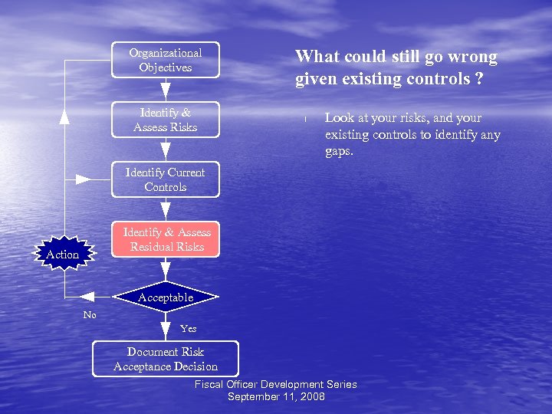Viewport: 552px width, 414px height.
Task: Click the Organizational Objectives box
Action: click(166, 60)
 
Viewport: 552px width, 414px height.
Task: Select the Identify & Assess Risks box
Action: click(166, 120)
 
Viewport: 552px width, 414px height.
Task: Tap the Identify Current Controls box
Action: click(166, 179)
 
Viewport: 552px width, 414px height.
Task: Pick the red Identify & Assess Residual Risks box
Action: click(166, 239)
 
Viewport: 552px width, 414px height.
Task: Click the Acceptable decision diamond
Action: click(166, 297)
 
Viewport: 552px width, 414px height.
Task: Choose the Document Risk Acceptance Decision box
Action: click(166, 359)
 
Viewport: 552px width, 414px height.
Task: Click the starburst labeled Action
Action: click(63, 254)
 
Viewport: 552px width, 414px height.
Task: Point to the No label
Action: click(90, 315)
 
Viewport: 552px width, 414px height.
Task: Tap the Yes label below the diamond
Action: click(188, 328)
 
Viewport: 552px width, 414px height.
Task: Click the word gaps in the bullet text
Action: click(338, 151)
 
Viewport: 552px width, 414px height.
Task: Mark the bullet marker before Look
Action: click(304, 119)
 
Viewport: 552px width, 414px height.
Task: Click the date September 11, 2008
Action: click(276, 396)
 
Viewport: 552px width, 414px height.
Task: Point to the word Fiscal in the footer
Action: click(209, 384)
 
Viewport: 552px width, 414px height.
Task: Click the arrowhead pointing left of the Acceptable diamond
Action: click(87, 297)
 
